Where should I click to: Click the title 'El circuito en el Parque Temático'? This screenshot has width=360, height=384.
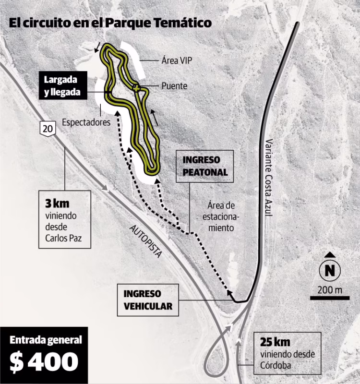[110, 23]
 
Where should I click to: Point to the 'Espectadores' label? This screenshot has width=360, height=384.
[86, 122]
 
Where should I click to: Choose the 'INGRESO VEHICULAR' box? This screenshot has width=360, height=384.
[148, 300]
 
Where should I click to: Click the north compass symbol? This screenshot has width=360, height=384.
[329, 270]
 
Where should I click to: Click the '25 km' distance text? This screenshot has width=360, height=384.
[276, 343]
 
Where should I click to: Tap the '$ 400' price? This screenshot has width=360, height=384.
[44, 362]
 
